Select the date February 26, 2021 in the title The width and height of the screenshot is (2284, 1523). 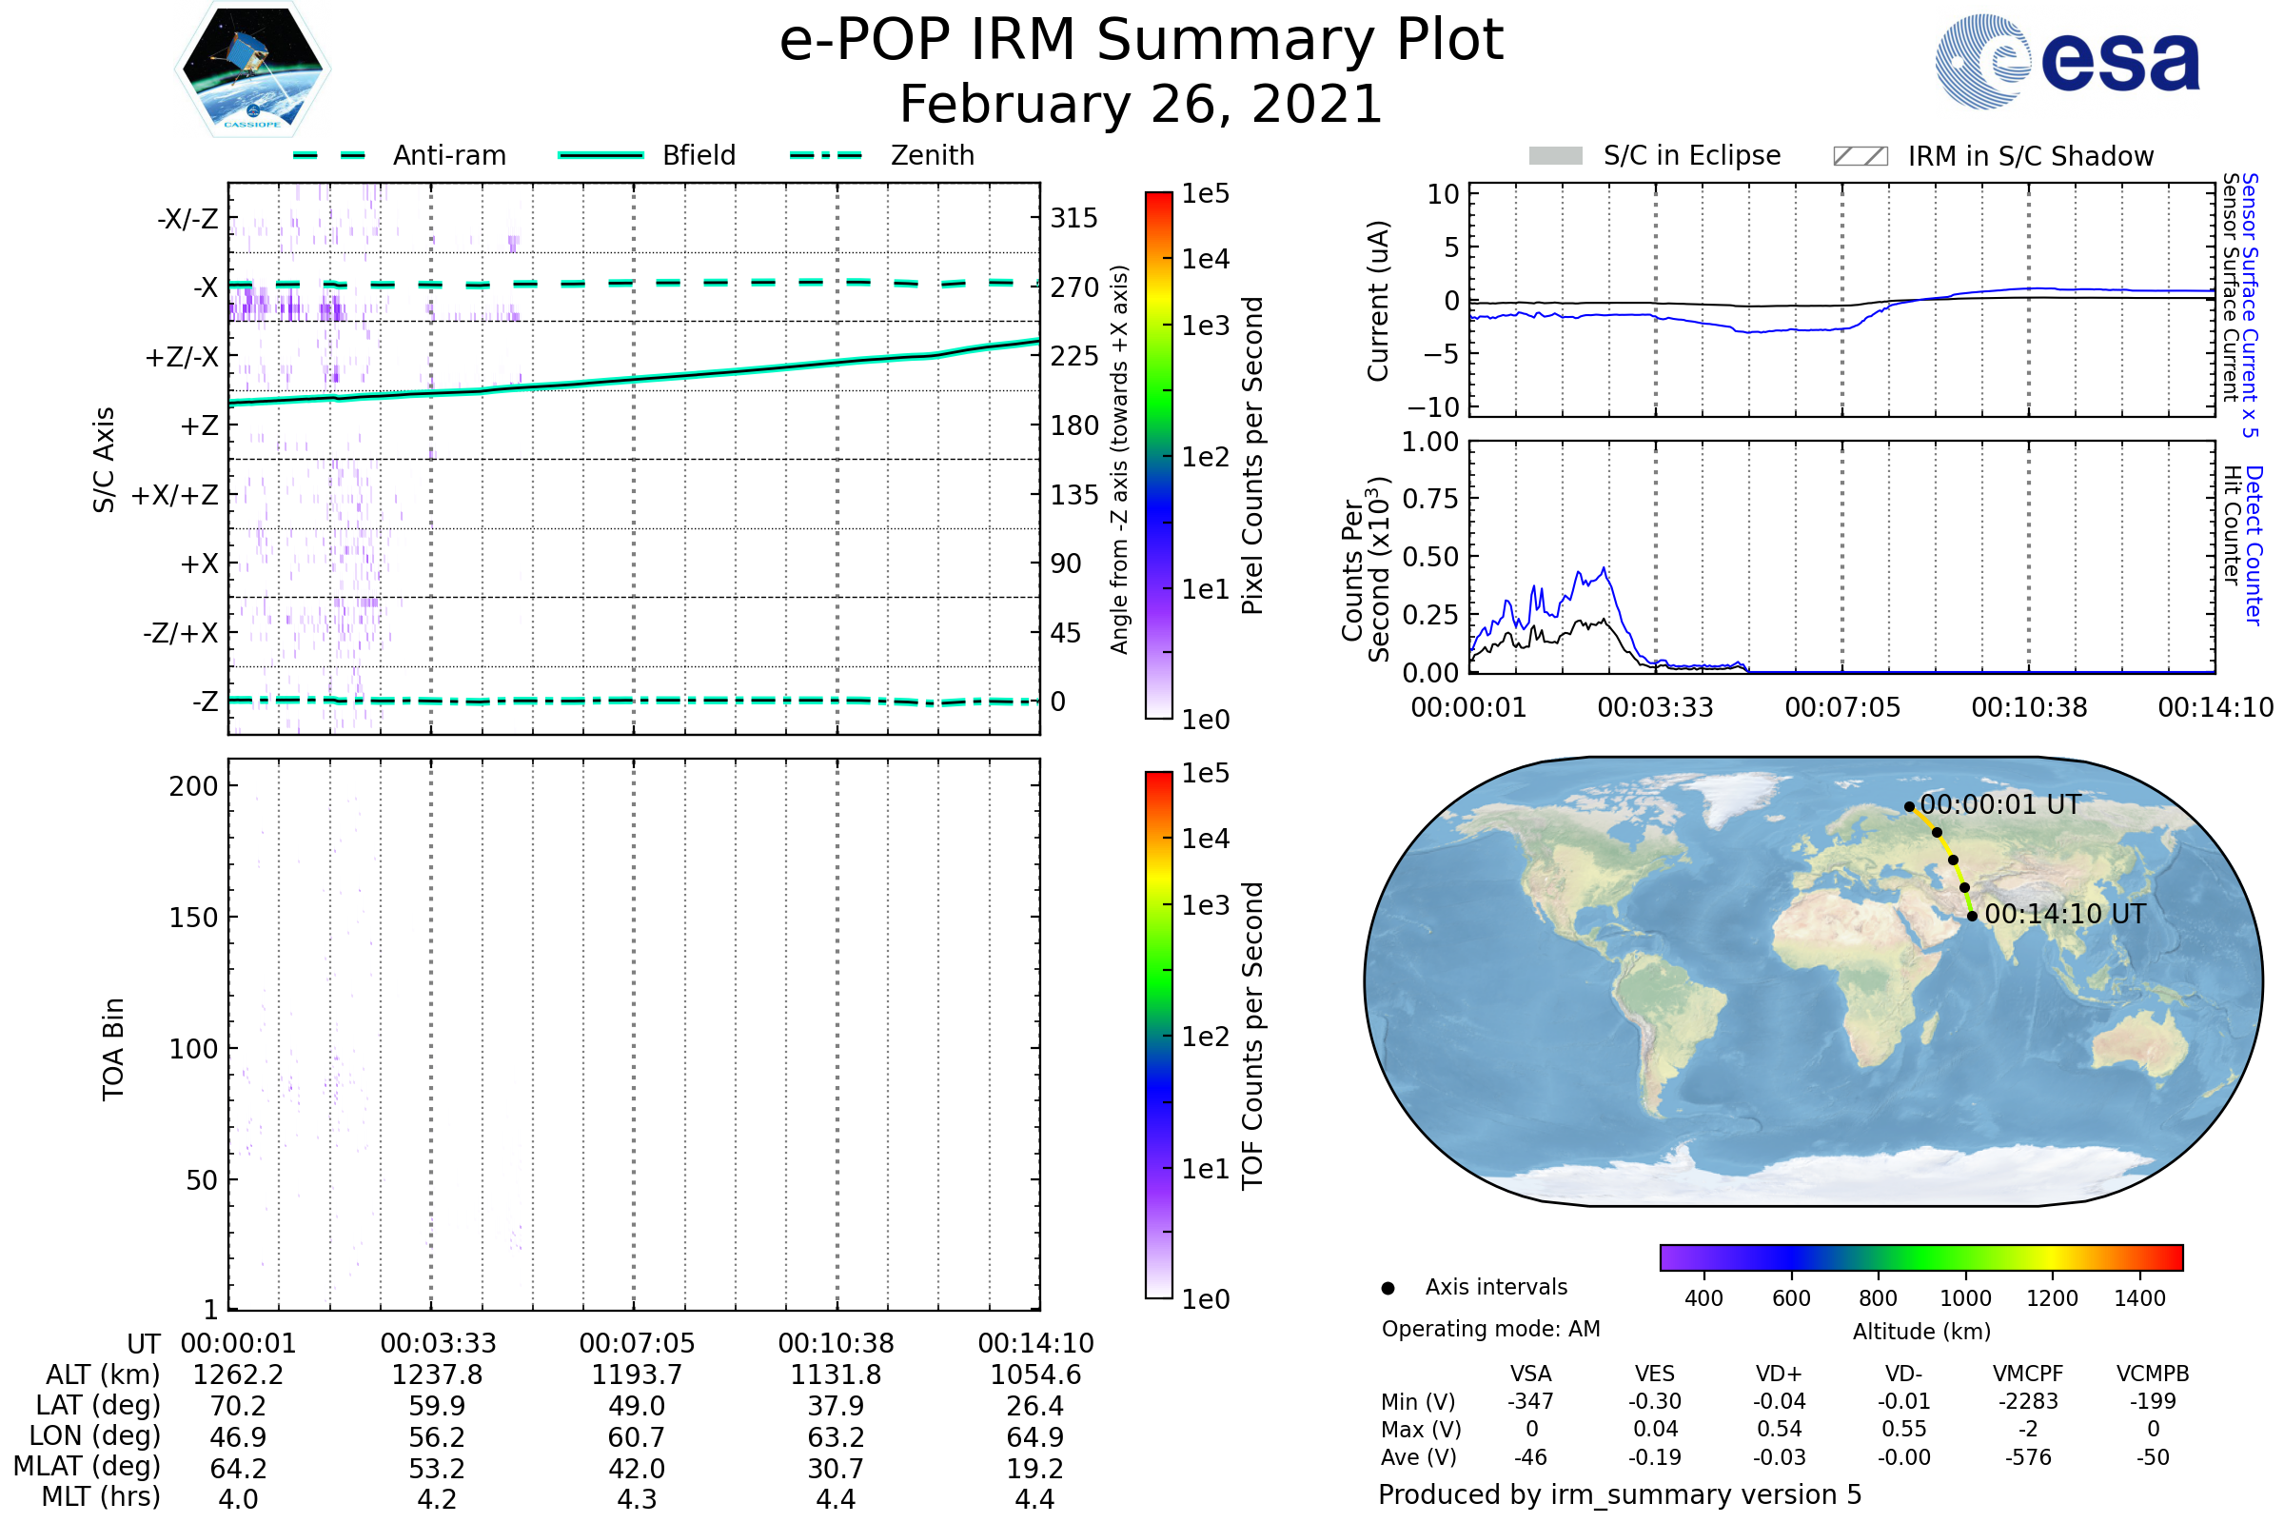tap(1141, 104)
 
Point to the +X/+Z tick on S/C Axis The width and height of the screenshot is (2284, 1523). tap(175, 495)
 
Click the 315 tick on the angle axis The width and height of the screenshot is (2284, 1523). tap(1074, 218)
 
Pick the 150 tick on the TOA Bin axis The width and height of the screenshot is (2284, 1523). tap(193, 918)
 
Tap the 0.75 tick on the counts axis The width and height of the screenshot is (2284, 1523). tap(1430, 499)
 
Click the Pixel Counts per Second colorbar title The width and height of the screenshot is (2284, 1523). tap(1252, 456)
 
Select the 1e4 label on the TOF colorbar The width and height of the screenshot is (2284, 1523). tap(1205, 839)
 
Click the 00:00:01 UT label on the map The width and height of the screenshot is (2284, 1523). tap(2000, 805)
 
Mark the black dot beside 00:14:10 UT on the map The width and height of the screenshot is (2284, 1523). tap(1972, 916)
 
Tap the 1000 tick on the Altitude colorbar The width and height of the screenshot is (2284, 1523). tap(1965, 1298)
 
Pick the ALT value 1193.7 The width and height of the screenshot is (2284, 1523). tap(636, 1375)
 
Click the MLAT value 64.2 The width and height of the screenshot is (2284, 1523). tap(238, 1469)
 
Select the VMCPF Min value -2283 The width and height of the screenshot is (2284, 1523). tap(2028, 1401)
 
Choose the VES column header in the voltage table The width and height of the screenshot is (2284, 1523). tap(1655, 1375)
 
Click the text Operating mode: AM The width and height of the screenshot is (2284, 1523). tap(1490, 1329)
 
